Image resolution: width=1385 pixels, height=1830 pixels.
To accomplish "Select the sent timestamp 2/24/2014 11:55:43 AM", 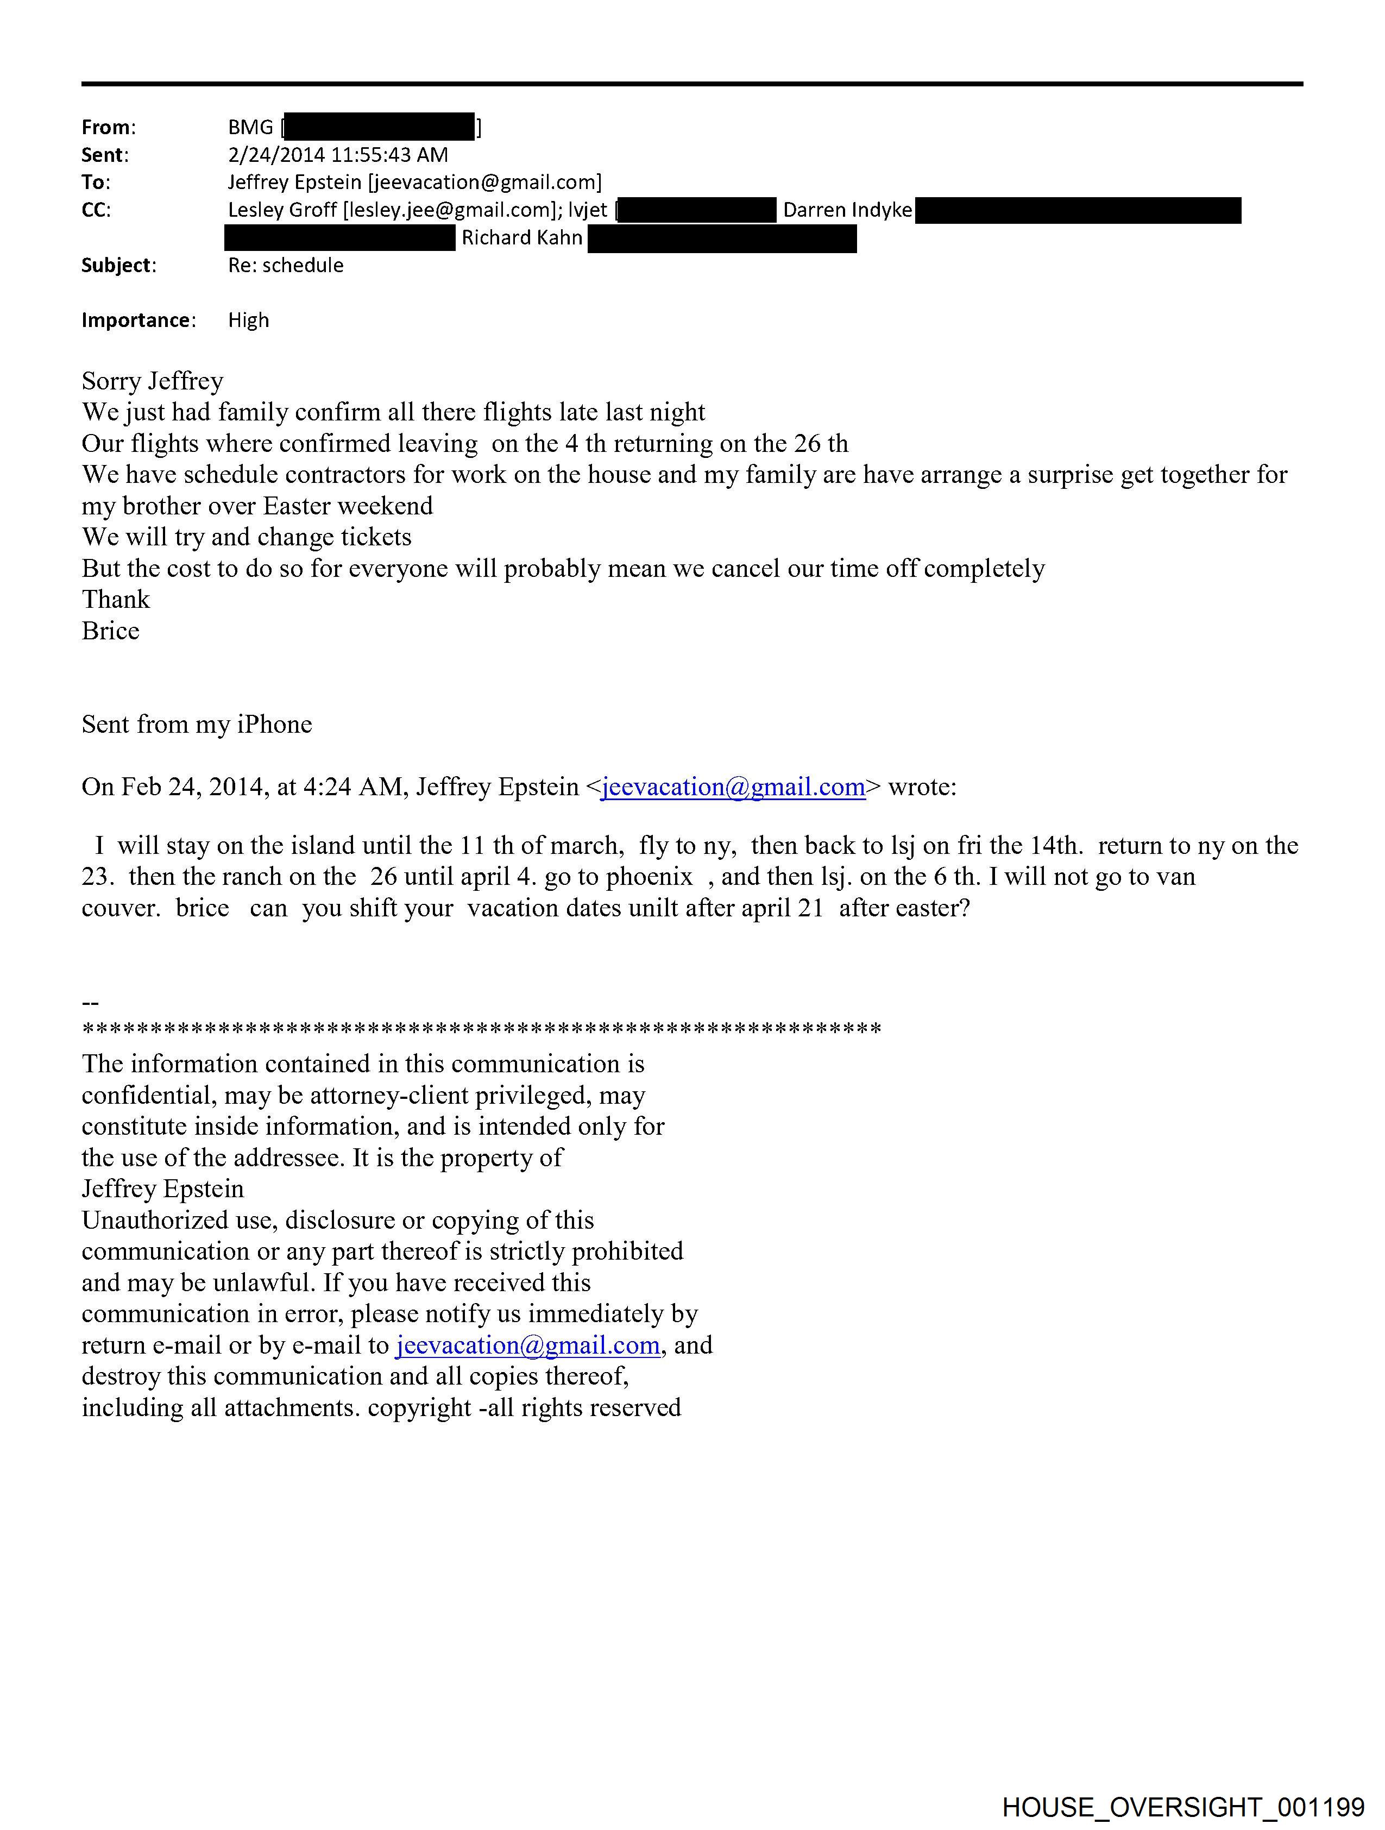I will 338,155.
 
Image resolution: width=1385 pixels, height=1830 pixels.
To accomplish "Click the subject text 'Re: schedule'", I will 286,266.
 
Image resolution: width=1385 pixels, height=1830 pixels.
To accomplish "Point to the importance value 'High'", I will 248,320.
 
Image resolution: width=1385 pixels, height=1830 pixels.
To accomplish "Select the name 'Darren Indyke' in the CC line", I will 847,210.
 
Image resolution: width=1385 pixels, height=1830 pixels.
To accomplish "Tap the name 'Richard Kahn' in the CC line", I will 522,238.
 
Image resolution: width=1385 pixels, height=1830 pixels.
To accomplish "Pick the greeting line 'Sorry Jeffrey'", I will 152,381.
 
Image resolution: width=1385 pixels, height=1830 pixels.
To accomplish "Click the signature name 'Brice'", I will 110,631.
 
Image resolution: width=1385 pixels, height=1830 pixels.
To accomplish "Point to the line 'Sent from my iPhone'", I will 197,724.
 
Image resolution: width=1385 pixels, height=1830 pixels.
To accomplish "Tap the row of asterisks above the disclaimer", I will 482,1030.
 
